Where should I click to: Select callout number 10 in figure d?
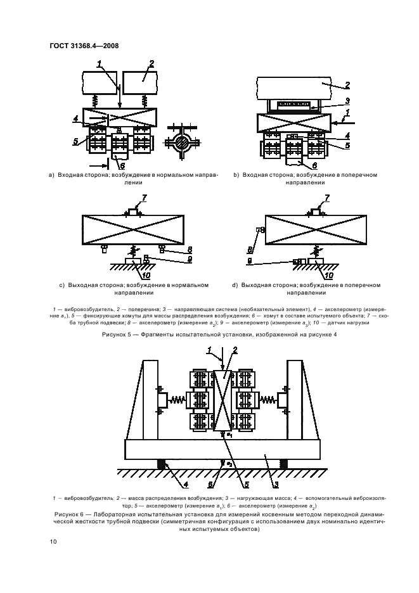329,276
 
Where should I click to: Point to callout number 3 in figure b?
348,100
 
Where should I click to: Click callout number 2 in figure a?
151,63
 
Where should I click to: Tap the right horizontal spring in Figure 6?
268,400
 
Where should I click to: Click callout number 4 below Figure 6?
169,487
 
